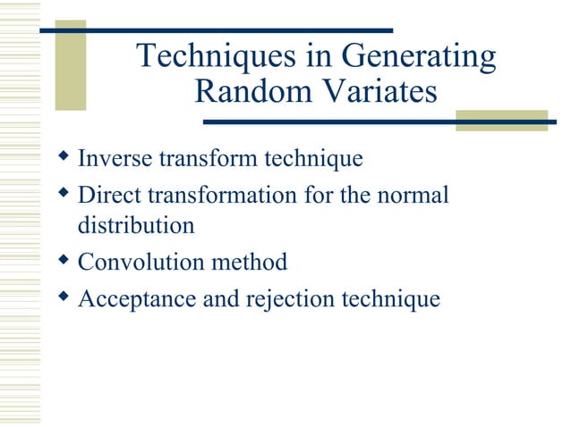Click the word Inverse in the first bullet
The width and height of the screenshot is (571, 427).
point(115,159)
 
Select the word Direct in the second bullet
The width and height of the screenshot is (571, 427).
point(108,194)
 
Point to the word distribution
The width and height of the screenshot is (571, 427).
point(136,226)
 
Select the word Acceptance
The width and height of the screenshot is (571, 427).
point(137,298)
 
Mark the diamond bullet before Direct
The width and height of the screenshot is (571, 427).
point(63,192)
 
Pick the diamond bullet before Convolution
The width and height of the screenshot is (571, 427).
point(63,260)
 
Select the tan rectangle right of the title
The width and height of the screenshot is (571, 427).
point(500,122)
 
